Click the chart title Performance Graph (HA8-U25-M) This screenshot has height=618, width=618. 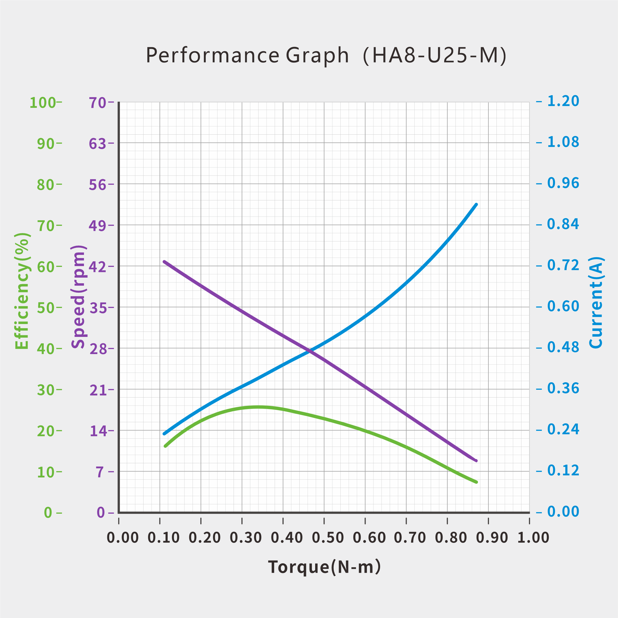(x=326, y=55)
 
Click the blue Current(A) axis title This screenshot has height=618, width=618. (x=596, y=302)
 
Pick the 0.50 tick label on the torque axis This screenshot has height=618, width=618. (x=328, y=538)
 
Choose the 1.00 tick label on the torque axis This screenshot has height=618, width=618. (x=533, y=538)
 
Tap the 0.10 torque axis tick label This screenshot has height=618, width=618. (x=163, y=538)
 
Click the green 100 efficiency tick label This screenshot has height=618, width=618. (x=43, y=103)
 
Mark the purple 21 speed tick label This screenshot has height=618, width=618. (x=98, y=390)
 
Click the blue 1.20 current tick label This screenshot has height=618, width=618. (x=563, y=101)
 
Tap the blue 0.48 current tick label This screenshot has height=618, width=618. (x=563, y=347)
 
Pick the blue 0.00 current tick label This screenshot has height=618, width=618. (x=563, y=512)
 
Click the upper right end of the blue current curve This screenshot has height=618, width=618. (x=476, y=205)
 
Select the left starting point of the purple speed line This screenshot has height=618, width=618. (x=164, y=262)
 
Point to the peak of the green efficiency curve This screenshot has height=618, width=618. (x=259, y=407)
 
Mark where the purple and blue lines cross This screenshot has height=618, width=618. (x=309, y=351)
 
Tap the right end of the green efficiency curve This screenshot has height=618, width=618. (x=476, y=482)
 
